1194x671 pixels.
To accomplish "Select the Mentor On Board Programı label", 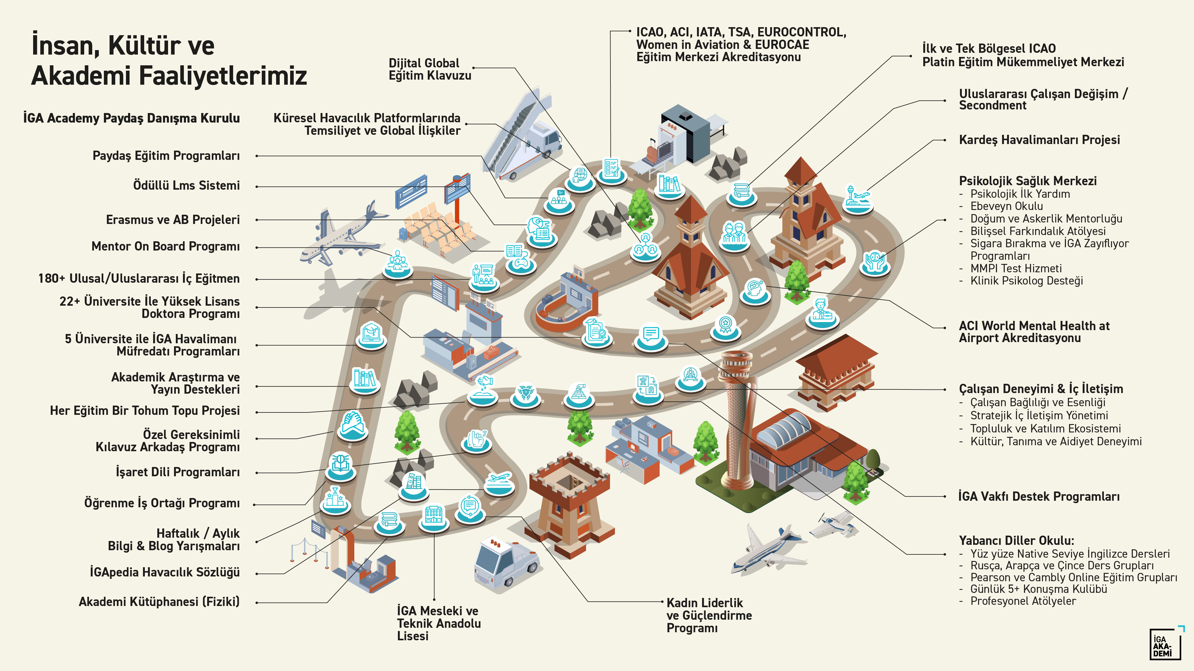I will pyautogui.click(x=165, y=246).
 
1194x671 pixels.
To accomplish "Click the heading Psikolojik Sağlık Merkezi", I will pyautogui.click(x=1028, y=181).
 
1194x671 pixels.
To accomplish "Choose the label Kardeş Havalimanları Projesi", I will pyautogui.click(x=1039, y=140).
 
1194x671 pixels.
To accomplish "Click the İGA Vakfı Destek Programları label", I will pyautogui.click(x=1039, y=497).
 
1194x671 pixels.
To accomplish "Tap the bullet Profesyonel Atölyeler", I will pyautogui.click(x=1023, y=601).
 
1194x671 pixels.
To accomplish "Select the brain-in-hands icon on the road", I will pyautogui.click(x=874, y=262).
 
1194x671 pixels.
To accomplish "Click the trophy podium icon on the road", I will pyautogui.click(x=335, y=499).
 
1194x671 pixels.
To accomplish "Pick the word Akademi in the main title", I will pyautogui.click(x=81, y=75).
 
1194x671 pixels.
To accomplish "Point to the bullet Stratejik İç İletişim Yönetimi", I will pyautogui.click(x=1039, y=416).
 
